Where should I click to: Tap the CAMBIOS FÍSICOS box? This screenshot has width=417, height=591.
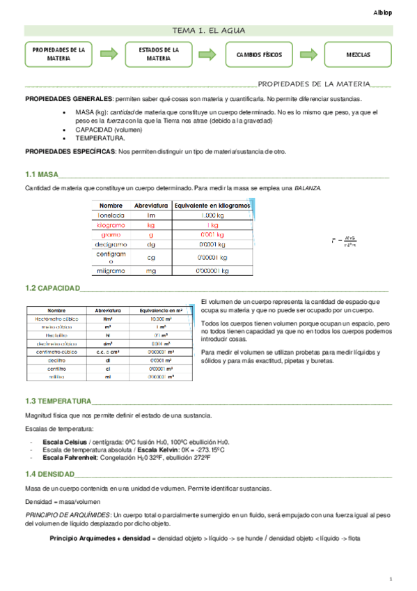[x=258, y=54]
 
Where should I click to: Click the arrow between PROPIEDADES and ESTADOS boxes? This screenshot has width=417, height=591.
[x=108, y=54]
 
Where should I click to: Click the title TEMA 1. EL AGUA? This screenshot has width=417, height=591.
[x=208, y=30]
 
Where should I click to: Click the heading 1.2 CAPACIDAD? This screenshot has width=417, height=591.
[x=52, y=288]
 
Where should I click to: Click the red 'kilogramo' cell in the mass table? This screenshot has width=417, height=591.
[x=111, y=226]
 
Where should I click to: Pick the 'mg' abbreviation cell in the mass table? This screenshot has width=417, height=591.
[x=151, y=270]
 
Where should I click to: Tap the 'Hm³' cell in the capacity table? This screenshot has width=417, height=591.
[x=108, y=318]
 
